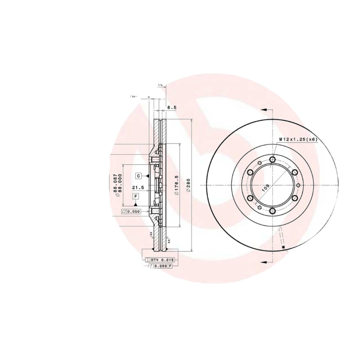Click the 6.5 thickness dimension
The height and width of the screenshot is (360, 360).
(x=171, y=108)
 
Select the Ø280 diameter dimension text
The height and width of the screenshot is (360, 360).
(x=189, y=185)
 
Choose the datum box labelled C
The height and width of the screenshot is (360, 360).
(x=139, y=175)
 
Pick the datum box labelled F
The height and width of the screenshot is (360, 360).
(x=135, y=196)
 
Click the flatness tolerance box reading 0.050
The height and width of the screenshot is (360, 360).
(x=131, y=211)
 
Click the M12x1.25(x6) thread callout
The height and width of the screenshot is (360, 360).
(x=298, y=139)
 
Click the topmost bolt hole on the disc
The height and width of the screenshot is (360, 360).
(x=273, y=159)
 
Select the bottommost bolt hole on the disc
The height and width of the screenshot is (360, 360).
(x=273, y=211)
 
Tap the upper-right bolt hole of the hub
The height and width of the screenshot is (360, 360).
(x=295, y=172)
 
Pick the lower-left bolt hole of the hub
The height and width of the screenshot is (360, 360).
(x=250, y=198)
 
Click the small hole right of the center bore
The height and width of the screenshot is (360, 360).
(x=298, y=185)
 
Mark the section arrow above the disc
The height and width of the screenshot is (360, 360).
(x=265, y=109)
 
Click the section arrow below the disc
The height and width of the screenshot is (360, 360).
(x=265, y=261)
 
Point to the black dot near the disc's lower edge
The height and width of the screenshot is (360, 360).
(x=283, y=247)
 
